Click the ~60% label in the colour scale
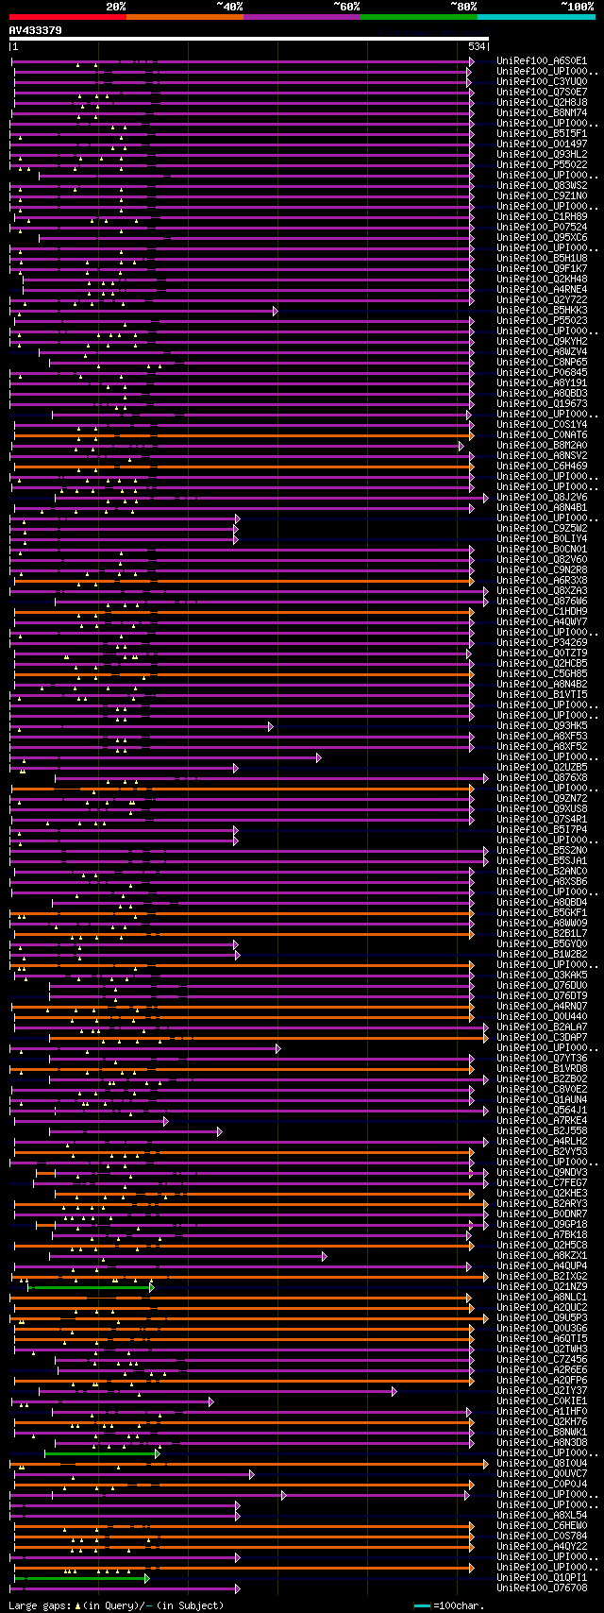click(347, 7)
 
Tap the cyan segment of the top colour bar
click(536, 17)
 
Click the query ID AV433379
click(36, 30)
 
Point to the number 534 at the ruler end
click(477, 46)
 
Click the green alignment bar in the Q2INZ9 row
click(90, 1287)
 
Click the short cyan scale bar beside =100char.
click(422, 1605)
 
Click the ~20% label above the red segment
click(115, 7)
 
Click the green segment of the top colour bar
click(418, 17)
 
